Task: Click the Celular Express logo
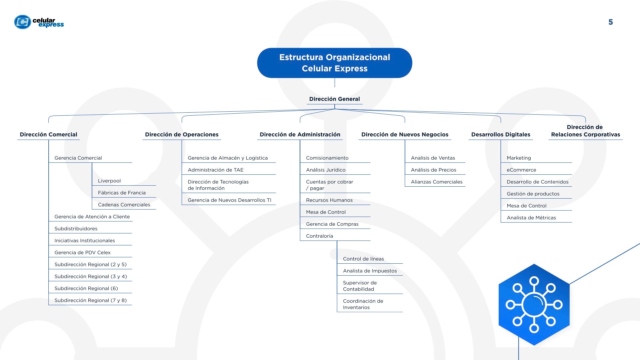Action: point(39,22)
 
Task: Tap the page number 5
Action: point(610,22)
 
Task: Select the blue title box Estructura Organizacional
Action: point(335,63)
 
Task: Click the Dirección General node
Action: point(334,99)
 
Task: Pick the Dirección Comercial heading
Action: point(48,134)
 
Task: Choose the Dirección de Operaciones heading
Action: point(182,134)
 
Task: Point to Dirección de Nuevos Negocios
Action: point(405,134)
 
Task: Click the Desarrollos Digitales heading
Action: point(501,134)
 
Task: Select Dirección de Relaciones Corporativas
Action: point(585,131)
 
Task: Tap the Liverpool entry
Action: point(109,181)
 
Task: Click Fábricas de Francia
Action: point(122,193)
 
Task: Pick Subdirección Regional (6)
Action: point(86,288)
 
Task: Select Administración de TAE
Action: point(215,170)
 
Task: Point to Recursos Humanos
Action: point(329,200)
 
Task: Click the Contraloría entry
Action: point(319,236)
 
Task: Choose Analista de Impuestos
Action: point(370,271)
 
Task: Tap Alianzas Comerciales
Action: point(437,182)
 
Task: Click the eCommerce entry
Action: point(521,170)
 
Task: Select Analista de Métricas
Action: point(531,218)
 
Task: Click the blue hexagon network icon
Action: point(534,305)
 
